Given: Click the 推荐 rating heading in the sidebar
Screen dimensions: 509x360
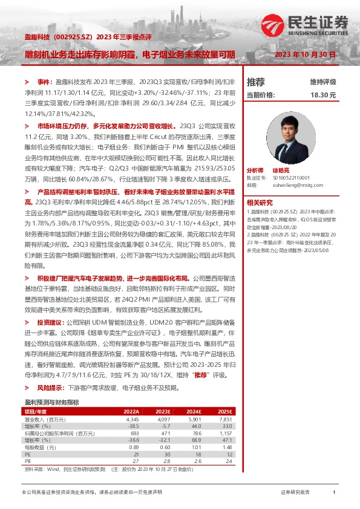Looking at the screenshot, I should [x=256, y=82].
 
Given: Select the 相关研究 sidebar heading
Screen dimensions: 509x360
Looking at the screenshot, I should [x=260, y=203].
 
